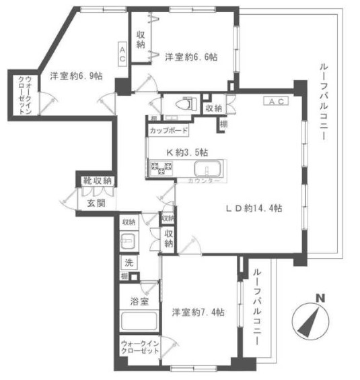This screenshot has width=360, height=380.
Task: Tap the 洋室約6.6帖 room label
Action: (191, 58)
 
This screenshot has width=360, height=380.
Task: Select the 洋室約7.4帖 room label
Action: (198, 313)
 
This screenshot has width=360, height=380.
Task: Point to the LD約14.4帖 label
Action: (253, 208)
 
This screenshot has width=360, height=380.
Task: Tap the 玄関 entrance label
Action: (95, 202)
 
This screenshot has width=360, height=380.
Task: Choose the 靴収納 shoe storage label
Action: (98, 181)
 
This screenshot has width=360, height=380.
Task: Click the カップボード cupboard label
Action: (168, 131)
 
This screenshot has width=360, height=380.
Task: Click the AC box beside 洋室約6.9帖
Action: (122, 53)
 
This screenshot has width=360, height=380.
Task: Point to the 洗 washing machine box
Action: (127, 263)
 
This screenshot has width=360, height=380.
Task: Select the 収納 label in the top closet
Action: (141, 39)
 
